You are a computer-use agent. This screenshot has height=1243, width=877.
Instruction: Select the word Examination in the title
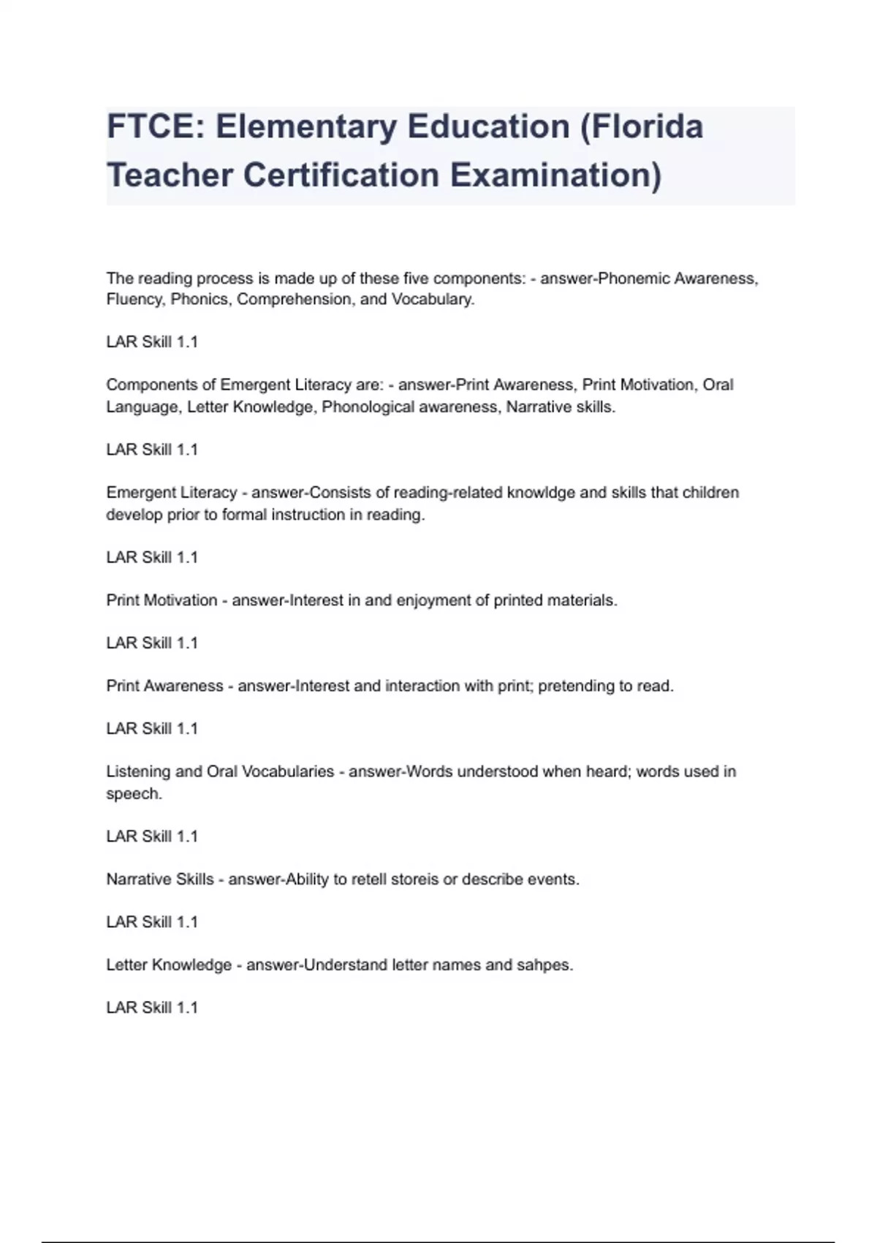click(555, 175)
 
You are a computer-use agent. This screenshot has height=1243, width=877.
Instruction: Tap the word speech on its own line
click(133, 794)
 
